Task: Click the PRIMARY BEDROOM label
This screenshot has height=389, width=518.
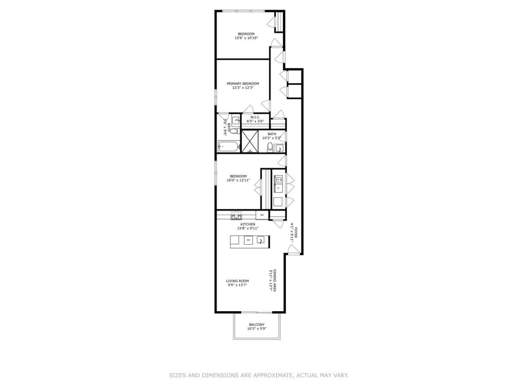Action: pos(243,83)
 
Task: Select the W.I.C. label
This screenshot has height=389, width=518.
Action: pos(254,117)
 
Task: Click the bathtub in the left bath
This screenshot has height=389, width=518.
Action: pos(228,147)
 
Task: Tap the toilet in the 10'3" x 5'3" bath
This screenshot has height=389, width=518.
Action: pos(270,148)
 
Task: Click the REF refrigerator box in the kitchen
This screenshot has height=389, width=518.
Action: pos(262,215)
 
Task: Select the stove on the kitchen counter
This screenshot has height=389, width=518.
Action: pos(237,215)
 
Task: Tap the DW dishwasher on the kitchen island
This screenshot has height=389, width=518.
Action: pos(248,241)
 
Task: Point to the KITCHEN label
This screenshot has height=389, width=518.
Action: pos(248,224)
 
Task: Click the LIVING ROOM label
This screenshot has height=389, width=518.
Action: pos(237,281)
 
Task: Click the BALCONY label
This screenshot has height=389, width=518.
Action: pos(257,325)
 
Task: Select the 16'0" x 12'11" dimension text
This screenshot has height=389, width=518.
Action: pos(238,180)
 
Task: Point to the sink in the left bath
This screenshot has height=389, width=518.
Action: pos(236,121)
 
